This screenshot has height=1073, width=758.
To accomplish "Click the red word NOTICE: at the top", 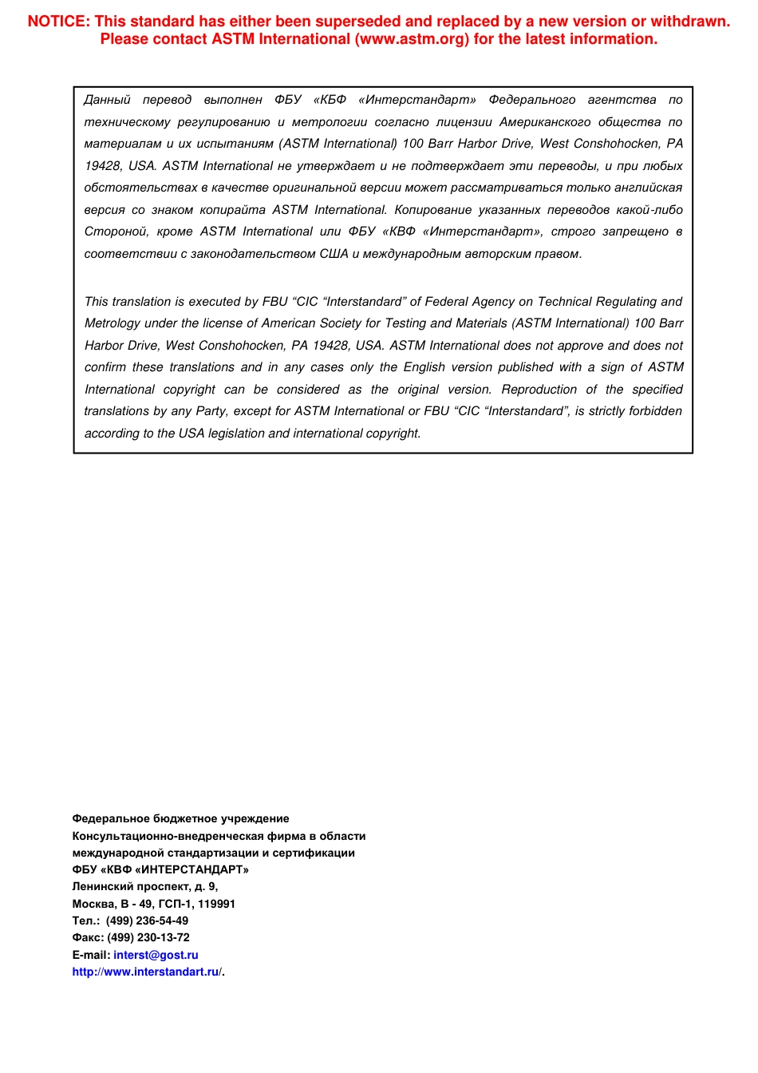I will pos(59,22).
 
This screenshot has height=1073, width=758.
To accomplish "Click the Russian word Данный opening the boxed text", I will pos(107,100).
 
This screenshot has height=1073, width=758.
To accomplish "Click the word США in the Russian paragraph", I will pos(334,254).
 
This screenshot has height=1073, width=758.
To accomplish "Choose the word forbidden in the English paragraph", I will pos(654,411).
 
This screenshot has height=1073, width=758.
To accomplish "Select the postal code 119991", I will pos(215,904).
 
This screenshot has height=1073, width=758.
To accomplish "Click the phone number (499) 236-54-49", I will pos(147,921).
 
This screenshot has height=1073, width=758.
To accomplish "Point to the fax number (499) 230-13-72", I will pos(148,938).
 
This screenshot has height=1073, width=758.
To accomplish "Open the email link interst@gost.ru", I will pos(156,955).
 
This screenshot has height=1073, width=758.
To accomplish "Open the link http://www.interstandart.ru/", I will pos(146,972).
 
